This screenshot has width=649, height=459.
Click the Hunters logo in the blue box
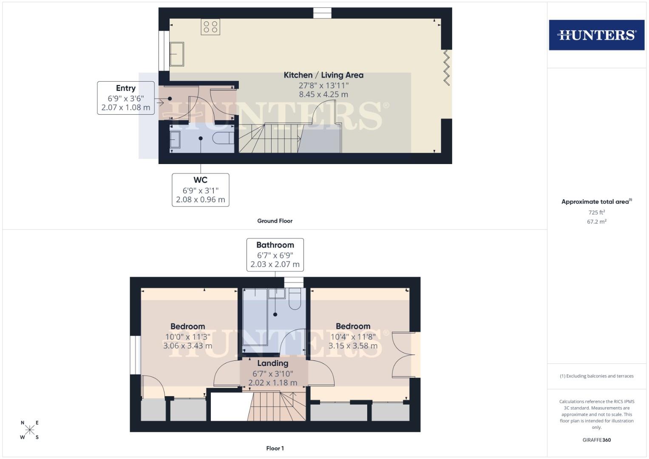tap(596, 35)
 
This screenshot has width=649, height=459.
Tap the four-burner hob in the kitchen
tap(210, 27)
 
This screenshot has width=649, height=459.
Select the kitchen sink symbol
tap(177, 54)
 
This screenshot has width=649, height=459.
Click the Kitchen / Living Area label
tap(323, 75)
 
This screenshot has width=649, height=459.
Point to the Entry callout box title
tap(126, 88)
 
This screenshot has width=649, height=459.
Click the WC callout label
tap(200, 180)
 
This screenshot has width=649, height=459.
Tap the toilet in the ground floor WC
tap(223, 139)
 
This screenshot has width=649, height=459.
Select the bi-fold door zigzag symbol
tap(446, 68)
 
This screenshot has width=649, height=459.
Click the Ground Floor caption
tap(275, 221)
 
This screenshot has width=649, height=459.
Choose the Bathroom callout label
tap(275, 245)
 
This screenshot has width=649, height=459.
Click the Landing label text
tap(272, 363)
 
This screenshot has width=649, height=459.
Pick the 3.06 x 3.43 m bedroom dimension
tap(187, 346)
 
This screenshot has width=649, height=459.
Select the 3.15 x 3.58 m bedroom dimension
tap(353, 346)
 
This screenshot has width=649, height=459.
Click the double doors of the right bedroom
tap(403, 355)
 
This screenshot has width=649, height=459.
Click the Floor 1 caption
tap(275, 448)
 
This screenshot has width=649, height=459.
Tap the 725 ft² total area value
tap(596, 212)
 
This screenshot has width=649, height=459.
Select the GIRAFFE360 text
tap(596, 440)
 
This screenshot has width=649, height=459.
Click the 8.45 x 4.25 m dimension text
tap(323, 95)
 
